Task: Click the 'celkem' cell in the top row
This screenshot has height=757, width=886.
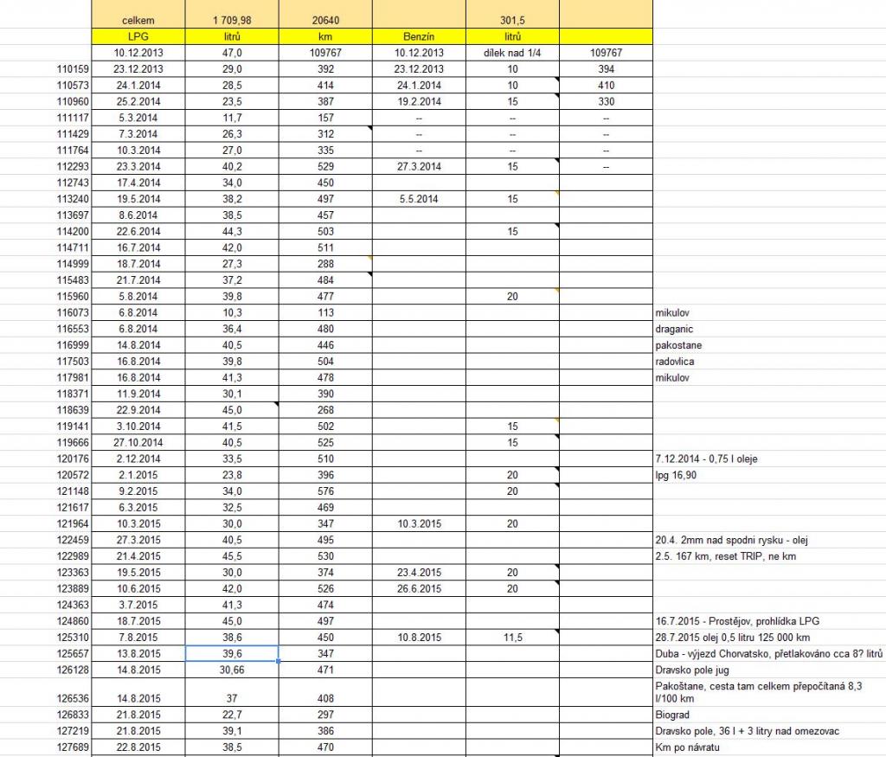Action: coord(138,20)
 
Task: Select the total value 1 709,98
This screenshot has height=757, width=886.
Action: coord(231,20)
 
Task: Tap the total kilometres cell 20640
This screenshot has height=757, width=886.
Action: coord(325,20)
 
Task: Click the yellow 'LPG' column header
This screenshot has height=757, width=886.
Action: coord(138,36)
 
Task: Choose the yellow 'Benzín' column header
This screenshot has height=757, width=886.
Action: coord(419,36)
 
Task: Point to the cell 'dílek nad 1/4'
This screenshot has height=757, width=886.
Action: coord(512,53)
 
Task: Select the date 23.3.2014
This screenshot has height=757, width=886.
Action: coord(138,166)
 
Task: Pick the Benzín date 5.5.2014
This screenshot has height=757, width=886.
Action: coord(419,198)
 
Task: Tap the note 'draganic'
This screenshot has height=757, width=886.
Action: coord(674,329)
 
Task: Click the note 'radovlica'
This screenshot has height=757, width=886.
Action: coord(675,362)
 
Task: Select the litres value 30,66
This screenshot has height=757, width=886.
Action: coord(231,669)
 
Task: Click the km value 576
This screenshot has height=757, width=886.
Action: coord(325,491)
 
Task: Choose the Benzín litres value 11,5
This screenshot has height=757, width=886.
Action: coord(512,637)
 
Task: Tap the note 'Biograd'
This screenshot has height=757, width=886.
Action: coord(671,715)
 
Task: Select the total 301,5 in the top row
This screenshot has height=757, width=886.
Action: coord(512,20)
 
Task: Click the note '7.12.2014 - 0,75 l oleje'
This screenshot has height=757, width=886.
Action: coord(707,459)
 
